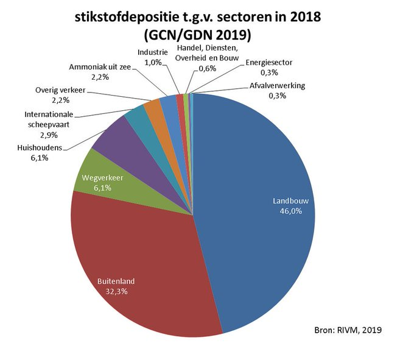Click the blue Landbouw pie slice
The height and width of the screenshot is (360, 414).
tap(253, 211)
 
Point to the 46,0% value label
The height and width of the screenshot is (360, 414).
tap(290, 211)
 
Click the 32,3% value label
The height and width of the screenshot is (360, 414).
tap(116, 291)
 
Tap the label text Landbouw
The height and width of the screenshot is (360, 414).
tap(290, 201)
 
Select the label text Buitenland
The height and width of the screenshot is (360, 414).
tap(116, 281)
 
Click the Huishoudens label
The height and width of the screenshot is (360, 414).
tap(40, 147)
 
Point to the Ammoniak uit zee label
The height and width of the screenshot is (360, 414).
tap(100, 67)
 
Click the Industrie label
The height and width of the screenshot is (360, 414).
tap(153, 52)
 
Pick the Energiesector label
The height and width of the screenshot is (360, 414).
tap(268, 63)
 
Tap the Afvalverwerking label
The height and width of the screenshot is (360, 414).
tap(277, 86)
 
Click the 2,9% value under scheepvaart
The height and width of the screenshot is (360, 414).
tap(49, 135)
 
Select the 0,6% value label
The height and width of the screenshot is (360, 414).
tap(207, 69)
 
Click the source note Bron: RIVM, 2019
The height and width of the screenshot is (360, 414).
tap(348, 330)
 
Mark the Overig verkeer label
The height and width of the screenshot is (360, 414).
tap(60, 90)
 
